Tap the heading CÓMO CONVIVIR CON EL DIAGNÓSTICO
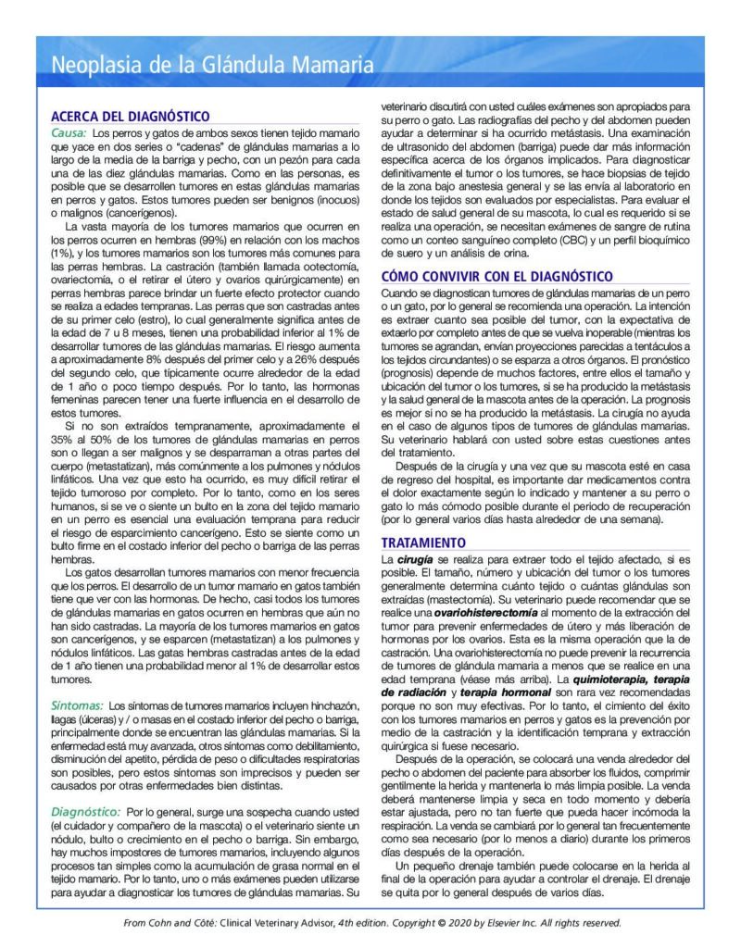(x=496, y=276)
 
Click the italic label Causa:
(x=69, y=133)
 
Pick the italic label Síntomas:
(x=77, y=705)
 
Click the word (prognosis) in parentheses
(x=411, y=371)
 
